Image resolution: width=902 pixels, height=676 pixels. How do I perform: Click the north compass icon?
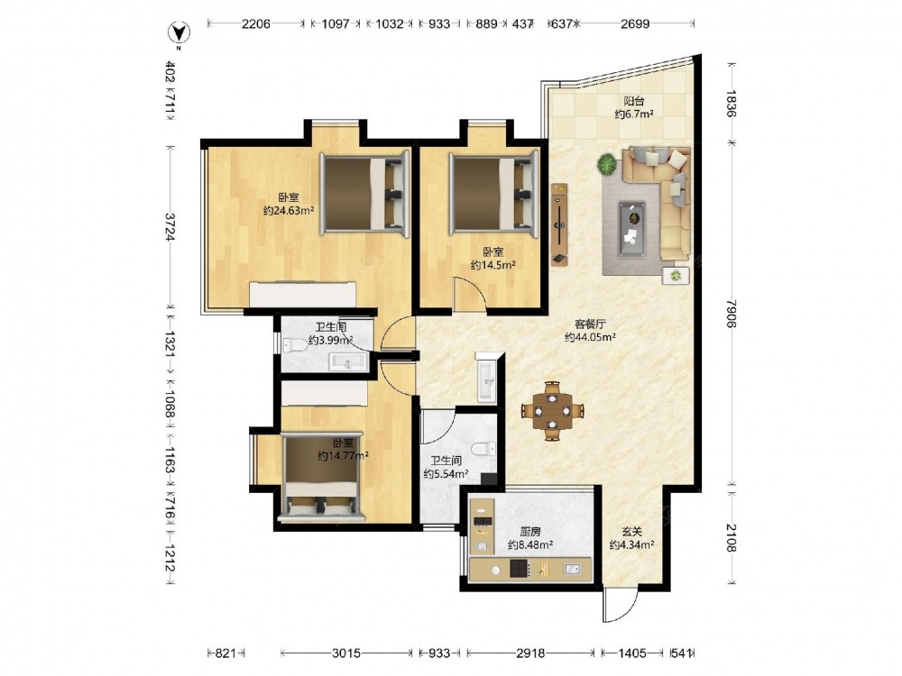coord(179,33)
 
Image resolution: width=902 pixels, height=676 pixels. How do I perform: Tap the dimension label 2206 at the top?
coord(256,23)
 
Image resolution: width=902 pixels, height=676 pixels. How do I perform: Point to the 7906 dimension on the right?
coord(732,314)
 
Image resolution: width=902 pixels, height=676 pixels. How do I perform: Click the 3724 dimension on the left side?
coord(170,227)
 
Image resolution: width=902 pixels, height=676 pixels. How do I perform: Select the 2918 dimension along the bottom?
coord(530,653)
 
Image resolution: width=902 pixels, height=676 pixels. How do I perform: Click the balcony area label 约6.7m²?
coord(633,114)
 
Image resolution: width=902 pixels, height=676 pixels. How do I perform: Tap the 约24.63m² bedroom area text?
coord(289,210)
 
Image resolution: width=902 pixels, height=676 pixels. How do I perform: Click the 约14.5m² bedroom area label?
coord(492,264)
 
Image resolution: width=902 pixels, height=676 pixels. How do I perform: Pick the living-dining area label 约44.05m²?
coord(590,337)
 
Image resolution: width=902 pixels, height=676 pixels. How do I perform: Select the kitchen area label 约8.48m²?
coord(530,544)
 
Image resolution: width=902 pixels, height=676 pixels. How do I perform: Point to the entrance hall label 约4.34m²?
coord(631,544)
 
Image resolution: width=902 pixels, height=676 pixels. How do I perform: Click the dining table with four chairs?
coord(552,410)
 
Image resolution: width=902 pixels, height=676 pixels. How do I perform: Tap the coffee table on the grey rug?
coord(631,229)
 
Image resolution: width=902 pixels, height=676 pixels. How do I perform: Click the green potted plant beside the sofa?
coord(606,165)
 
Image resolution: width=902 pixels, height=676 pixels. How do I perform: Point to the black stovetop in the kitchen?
coord(520,569)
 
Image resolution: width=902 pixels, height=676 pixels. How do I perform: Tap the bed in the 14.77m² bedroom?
coord(321,477)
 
